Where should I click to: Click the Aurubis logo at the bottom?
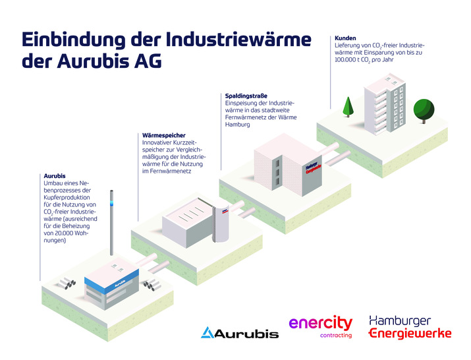[x=239, y=332]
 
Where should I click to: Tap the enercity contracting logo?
[x=321, y=326]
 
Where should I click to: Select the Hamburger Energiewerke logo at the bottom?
[x=410, y=326]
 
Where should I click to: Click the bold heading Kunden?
[x=346, y=39]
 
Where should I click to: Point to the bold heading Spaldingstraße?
[x=247, y=96]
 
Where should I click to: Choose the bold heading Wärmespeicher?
[x=164, y=136]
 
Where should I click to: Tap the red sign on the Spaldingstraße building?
[x=313, y=169]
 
